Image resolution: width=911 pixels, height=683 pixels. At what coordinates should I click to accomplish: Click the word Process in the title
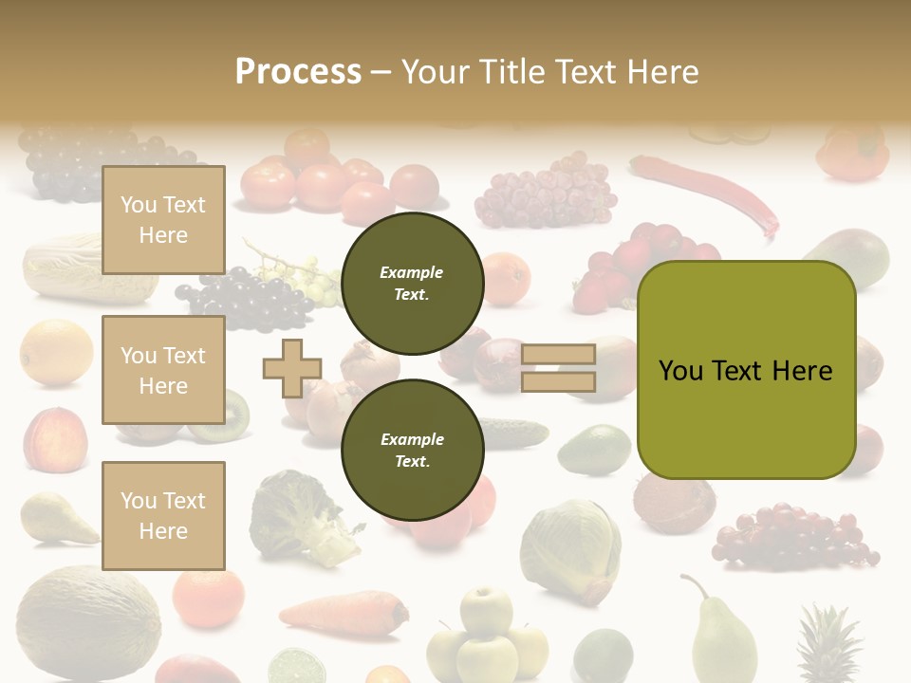298,72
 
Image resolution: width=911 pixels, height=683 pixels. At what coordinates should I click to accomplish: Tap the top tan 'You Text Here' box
163,220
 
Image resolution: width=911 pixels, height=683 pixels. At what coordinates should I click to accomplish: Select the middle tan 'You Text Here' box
163,370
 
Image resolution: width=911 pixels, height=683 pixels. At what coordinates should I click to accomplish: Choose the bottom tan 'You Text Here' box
163,515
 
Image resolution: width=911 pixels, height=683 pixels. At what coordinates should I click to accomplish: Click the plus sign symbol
291,368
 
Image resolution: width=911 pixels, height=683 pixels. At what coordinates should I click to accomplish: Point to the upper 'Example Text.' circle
412,284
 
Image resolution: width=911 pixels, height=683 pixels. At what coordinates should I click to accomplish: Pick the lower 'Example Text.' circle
412,450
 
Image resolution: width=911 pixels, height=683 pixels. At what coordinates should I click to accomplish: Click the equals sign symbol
558,368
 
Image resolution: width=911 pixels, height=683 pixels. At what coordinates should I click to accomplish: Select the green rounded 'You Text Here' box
746,370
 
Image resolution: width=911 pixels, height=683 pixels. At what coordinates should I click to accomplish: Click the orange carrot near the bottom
342,612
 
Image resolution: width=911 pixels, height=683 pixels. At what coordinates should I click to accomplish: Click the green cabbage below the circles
569,550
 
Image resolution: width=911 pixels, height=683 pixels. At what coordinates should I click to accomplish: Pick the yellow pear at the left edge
52,517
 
